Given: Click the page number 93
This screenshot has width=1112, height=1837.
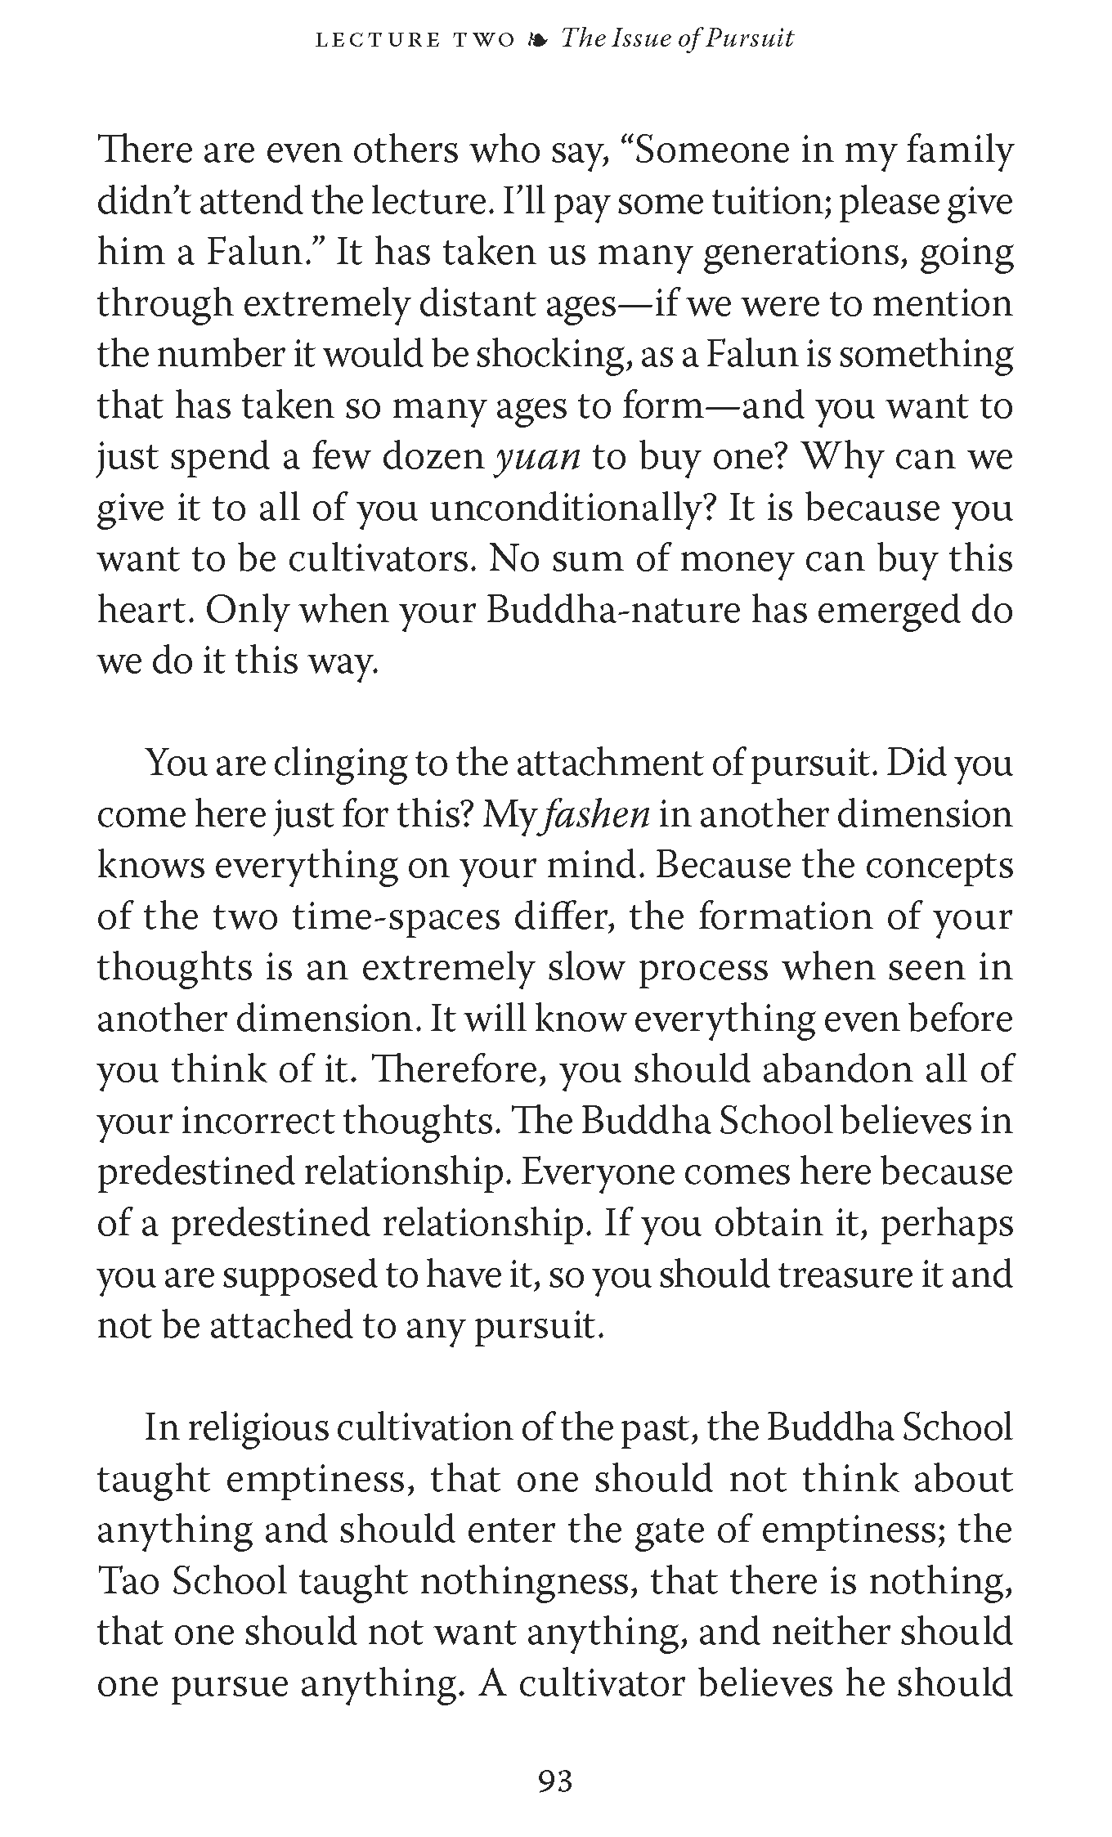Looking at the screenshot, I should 555,1781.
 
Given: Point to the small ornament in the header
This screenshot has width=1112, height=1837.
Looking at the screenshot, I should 538,40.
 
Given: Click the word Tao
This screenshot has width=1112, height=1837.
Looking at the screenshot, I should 123,1581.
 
